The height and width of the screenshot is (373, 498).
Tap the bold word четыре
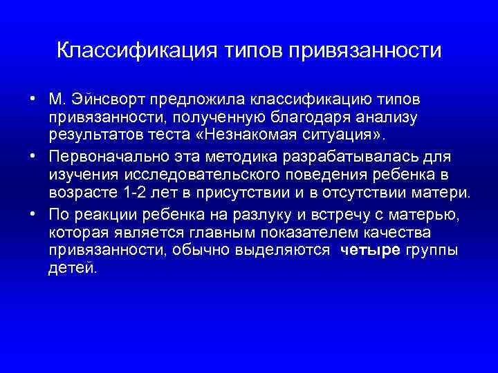(370, 249)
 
